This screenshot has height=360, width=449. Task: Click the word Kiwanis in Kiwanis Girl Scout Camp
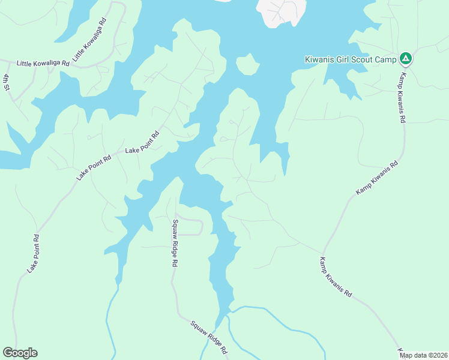pyautogui.click(x=319, y=59)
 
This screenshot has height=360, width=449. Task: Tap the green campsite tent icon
pyautogui.click(x=406, y=58)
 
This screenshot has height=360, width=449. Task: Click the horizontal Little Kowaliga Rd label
pyautogui.click(x=40, y=63)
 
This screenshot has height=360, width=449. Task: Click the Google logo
pyautogui.click(x=20, y=353)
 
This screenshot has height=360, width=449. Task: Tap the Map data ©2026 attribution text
pyautogui.click(x=424, y=355)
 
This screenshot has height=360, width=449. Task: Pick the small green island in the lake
pyautogui.click(x=247, y=64)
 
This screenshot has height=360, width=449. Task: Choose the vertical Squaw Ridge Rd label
pyautogui.click(x=175, y=242)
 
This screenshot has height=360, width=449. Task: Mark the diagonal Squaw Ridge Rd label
pyautogui.click(x=209, y=337)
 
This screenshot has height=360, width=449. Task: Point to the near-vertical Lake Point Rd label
pyautogui.click(x=33, y=254)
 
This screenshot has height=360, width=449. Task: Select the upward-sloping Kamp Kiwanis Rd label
pyautogui.click(x=377, y=178)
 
